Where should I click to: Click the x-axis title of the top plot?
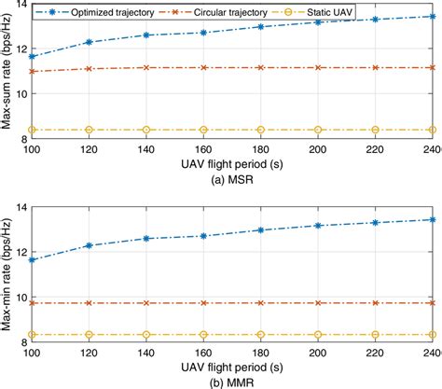pyautogui.click(x=232, y=163)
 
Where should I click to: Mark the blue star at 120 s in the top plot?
pyautogui.click(x=89, y=42)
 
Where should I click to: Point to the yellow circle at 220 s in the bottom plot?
pyautogui.click(x=375, y=334)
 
